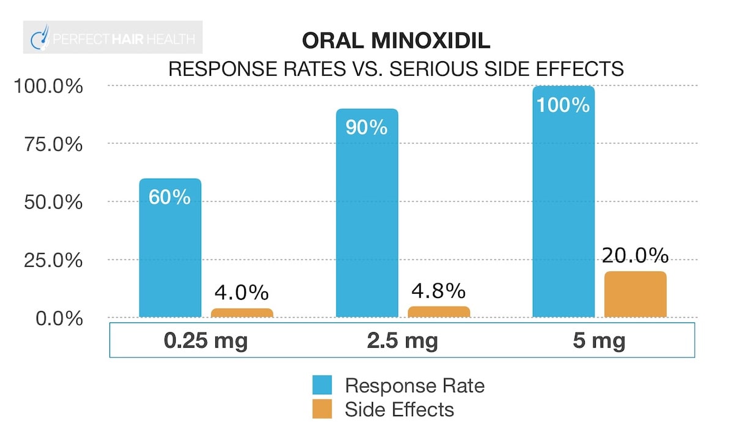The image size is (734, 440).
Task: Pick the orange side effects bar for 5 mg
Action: coord(635,294)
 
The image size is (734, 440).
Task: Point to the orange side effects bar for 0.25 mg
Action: coord(242,313)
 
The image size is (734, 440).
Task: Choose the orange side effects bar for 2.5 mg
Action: coord(439,311)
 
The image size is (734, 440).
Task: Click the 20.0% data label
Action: coord(634,256)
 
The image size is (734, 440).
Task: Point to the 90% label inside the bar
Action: coord(367,127)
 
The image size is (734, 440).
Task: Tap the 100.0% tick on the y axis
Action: coord(48,86)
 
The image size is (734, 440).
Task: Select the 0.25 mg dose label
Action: coord(206,340)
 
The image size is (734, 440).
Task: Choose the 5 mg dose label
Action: coord(599,340)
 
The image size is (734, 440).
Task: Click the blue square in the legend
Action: coord(322,386)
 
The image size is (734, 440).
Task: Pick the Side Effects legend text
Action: coord(399,409)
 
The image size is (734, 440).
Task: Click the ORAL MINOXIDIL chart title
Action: coord(396,42)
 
